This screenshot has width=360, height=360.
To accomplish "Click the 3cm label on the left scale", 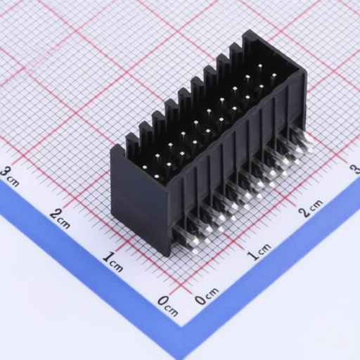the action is (x=9, y=177).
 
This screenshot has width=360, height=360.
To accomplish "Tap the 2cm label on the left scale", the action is (x=60, y=218).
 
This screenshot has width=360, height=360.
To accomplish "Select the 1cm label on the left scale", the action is (x=112, y=262).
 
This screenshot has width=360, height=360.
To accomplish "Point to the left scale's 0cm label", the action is (x=167, y=306).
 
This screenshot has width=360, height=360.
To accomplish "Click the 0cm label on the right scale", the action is (x=207, y=296).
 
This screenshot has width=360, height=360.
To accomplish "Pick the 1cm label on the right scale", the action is (x=259, y=252).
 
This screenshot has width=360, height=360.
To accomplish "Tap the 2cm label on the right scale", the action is (x=311, y=208).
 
